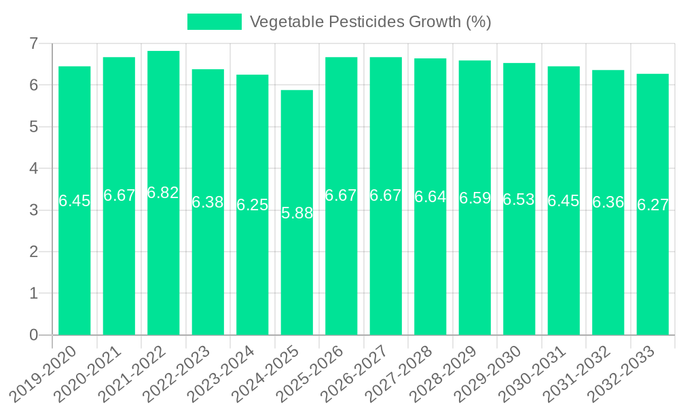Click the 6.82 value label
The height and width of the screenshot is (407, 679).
tap(164, 193)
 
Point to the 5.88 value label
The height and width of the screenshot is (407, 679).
tap(297, 213)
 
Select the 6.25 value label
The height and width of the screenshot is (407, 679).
tap(253, 205)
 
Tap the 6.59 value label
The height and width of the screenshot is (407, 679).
tap(475, 198)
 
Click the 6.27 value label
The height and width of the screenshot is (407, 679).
tap(653, 205)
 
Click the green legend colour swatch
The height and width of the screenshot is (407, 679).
tap(214, 22)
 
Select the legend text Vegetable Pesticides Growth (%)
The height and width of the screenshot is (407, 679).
tap(370, 22)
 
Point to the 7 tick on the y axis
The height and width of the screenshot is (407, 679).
tap(33, 43)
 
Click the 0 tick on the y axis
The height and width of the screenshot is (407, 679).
tap(33, 335)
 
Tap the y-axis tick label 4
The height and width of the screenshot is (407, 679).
tap(33, 168)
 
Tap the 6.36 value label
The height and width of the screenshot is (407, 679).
tap(608, 202)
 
